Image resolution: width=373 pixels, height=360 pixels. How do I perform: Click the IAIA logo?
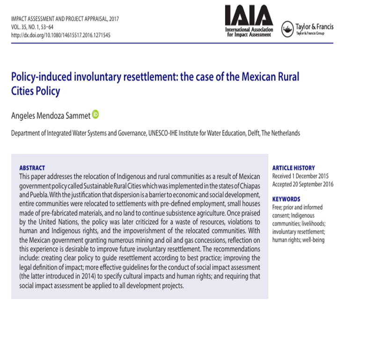click(248, 22)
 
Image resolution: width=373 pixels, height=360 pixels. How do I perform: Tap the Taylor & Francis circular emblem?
click(287, 29)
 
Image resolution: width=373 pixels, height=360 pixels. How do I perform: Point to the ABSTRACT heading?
click(32, 168)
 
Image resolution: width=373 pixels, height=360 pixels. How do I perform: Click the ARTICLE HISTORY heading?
click(293, 168)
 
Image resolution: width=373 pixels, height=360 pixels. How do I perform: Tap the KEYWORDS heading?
click(286, 199)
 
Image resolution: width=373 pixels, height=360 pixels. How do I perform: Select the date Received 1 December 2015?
click(300, 176)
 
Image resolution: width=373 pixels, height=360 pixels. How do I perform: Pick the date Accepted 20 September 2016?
click(303, 184)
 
